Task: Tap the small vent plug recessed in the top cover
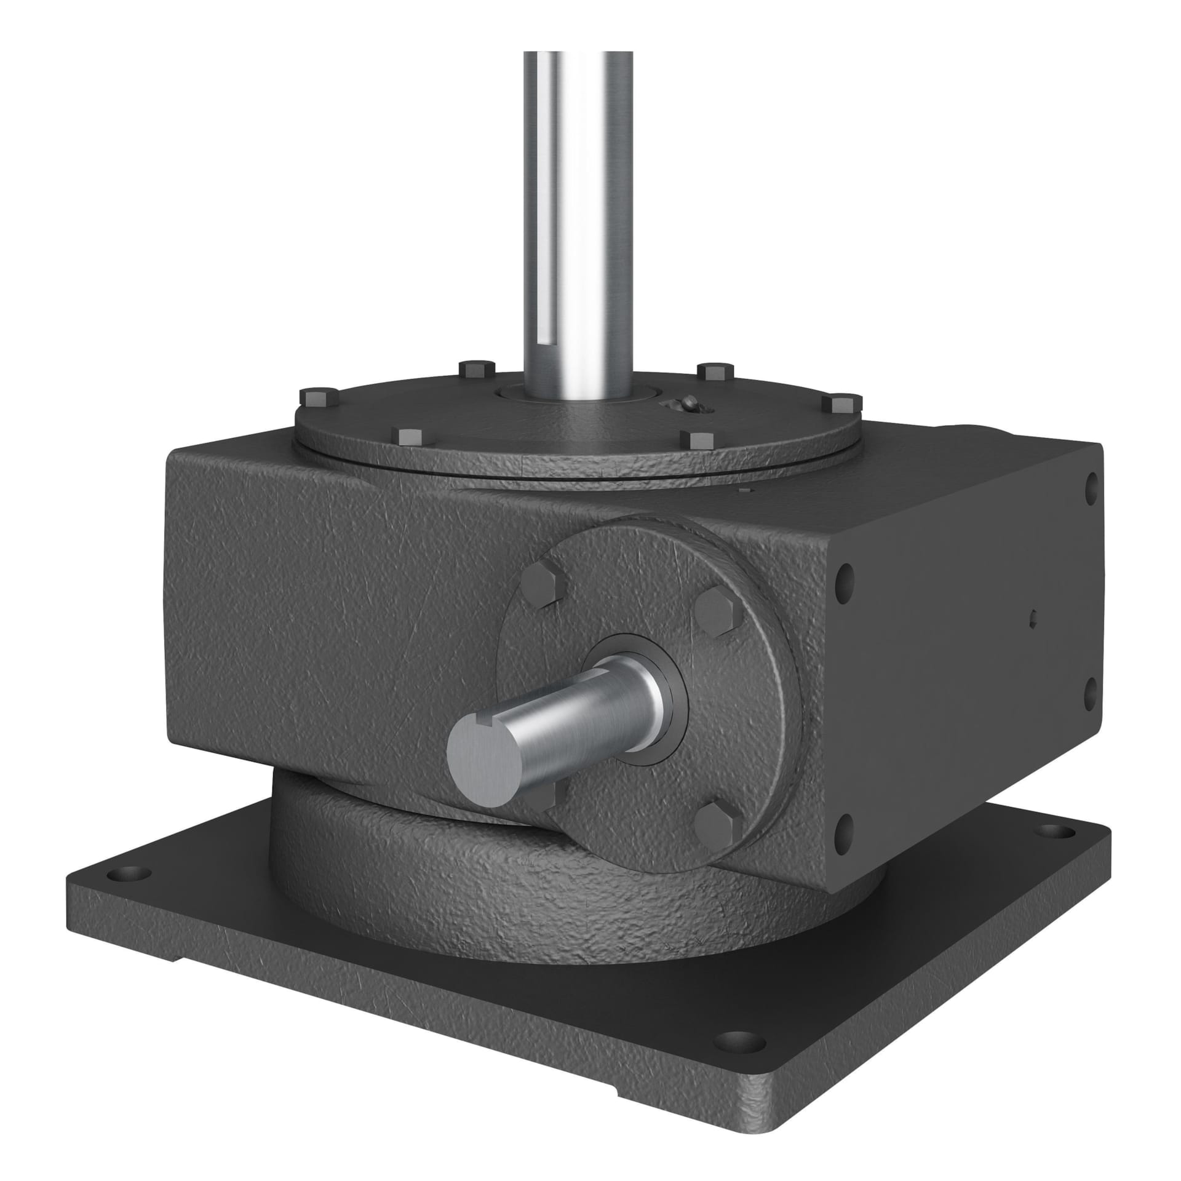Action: pyautogui.click(x=688, y=404)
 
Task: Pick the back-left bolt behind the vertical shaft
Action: pyautogui.click(x=477, y=370)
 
